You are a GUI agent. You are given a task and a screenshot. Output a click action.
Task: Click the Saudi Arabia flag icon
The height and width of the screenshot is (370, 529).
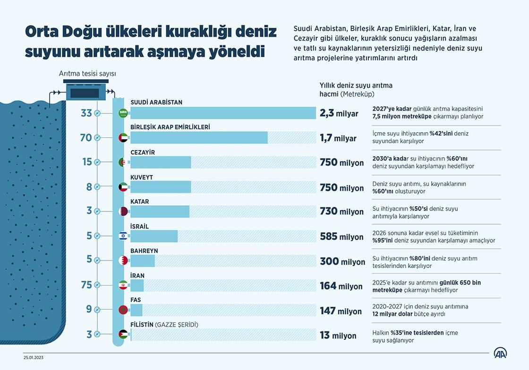pos(123,113)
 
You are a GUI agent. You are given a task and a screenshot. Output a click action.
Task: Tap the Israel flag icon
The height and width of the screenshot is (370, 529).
pos(123,236)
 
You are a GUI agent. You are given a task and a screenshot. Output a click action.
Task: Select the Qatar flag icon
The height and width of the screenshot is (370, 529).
pos(123,211)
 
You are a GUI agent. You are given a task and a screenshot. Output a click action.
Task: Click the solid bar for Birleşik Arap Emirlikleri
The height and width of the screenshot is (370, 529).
pos(199,137)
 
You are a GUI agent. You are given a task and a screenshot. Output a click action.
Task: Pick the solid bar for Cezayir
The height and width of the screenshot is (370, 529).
pos(161,162)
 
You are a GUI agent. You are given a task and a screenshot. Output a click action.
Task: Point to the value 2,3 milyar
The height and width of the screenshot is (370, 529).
pos(339,113)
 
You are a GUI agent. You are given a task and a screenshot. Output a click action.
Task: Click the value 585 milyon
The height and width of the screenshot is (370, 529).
pos(341,236)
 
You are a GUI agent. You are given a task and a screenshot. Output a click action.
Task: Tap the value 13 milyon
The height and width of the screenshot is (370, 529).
pos(338,336)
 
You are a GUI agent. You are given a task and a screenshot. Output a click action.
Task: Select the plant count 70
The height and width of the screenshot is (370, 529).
pos(86,137)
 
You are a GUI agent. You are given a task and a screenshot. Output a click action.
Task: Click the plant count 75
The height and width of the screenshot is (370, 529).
pos(86,285)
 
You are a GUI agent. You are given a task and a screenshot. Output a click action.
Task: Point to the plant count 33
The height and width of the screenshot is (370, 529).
pos(86,113)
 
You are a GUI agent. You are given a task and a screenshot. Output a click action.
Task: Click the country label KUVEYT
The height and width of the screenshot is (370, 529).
pos(141,177)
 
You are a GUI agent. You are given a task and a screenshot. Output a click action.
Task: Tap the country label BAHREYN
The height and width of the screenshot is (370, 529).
pos(144,251)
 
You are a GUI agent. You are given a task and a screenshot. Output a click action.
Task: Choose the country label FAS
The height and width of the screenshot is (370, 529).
pos(136,300)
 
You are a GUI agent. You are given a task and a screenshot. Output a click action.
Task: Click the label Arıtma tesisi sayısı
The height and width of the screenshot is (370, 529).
pos(87,74)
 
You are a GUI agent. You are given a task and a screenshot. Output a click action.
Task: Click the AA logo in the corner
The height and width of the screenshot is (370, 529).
pos(501,353)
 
